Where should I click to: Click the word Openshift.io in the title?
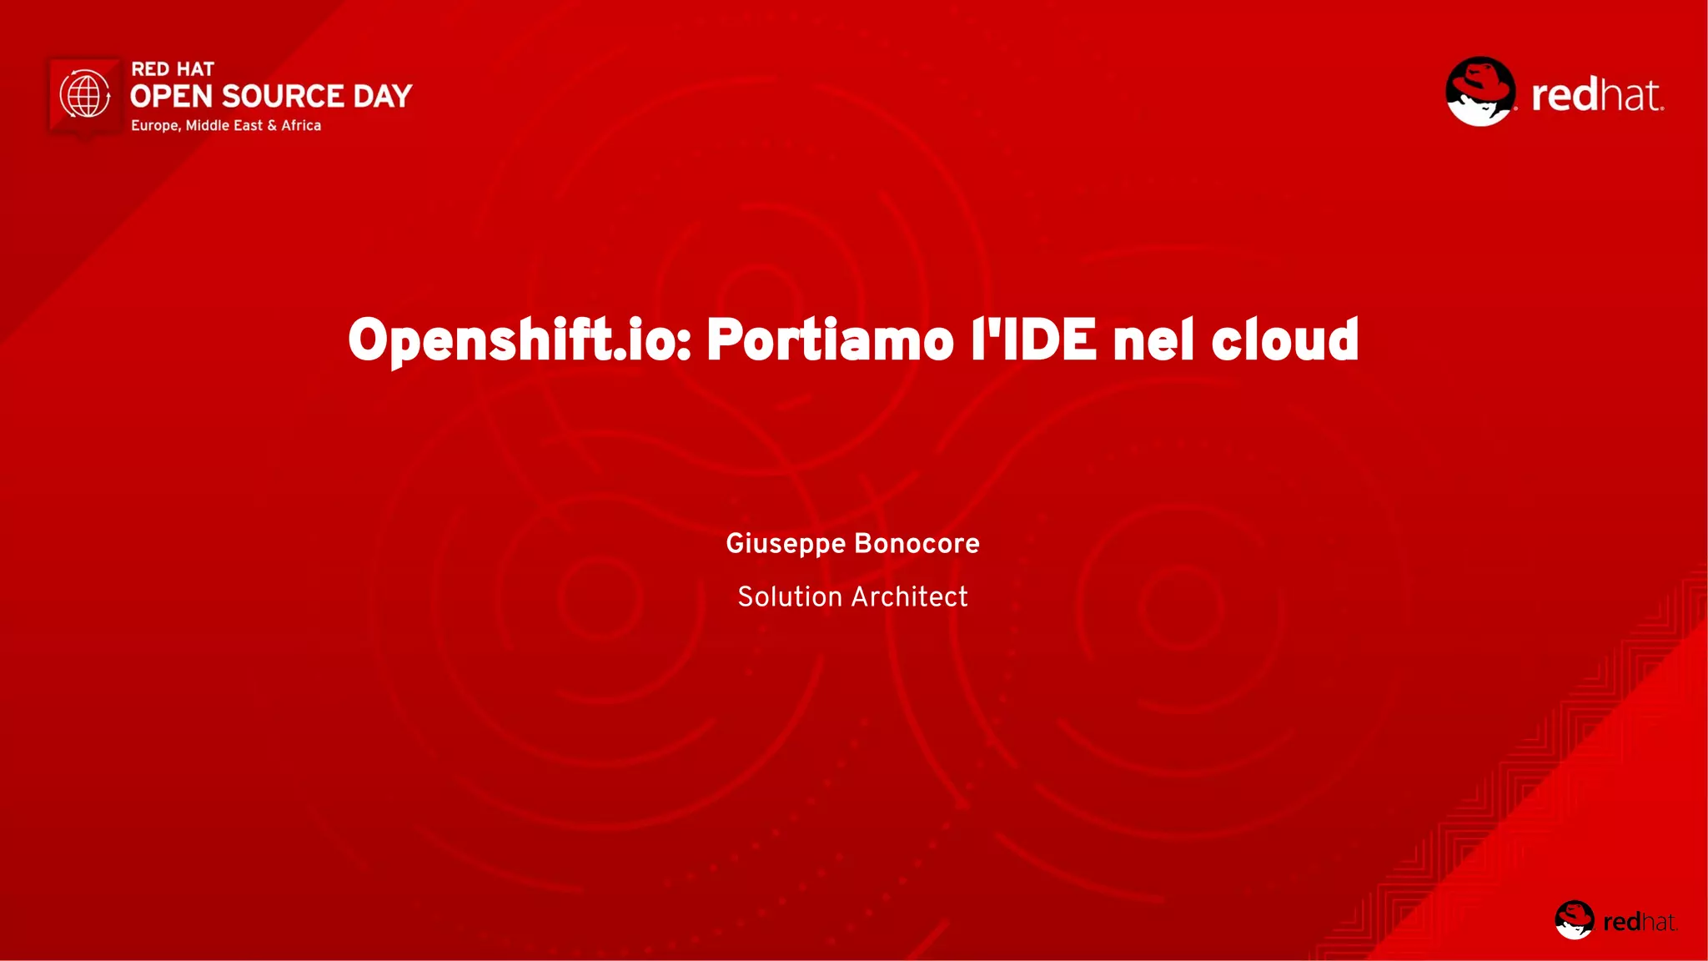520,340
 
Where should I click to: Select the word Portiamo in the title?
830,340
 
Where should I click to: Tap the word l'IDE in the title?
1033,340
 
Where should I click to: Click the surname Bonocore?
917,544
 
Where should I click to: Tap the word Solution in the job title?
790,597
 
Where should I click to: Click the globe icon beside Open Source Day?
85,94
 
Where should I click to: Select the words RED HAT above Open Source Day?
173,69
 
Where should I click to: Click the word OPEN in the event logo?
172,97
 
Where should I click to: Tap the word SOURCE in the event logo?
283,97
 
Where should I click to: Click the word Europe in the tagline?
155,126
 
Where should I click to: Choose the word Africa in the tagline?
301,125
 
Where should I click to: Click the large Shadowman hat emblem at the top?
1480,92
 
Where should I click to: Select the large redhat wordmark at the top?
1597,95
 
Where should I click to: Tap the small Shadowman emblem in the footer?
1574,920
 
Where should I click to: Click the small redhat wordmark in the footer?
1640,922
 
